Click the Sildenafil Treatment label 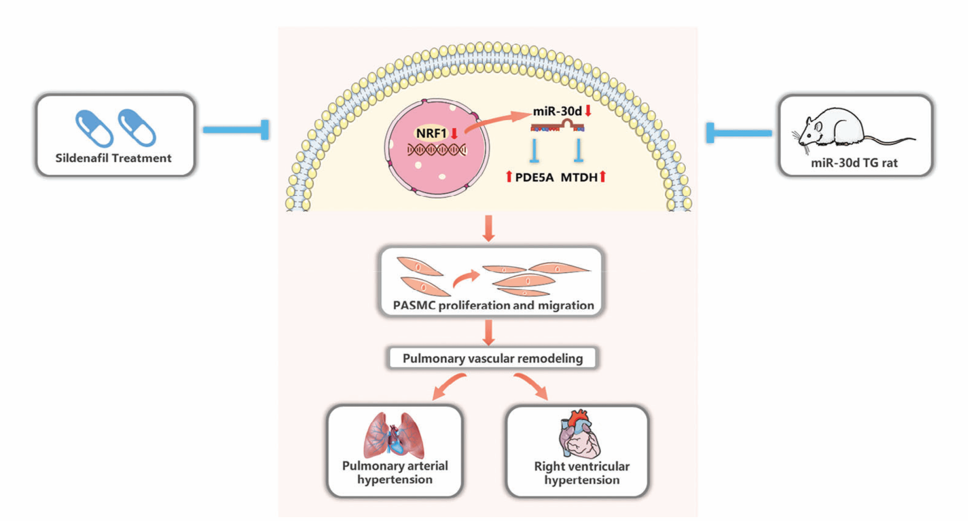tap(113, 158)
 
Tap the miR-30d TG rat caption tap(854, 163)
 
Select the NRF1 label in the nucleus tap(431, 133)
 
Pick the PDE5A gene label tap(534, 178)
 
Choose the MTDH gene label tap(579, 178)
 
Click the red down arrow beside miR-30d tap(588, 111)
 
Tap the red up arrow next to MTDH tap(603, 177)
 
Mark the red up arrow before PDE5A tap(509, 177)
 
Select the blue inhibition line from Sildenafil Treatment tap(236, 130)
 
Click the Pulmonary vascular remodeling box tap(493, 359)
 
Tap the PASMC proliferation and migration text tap(493, 306)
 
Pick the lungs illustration tap(394, 436)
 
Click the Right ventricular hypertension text tap(581, 473)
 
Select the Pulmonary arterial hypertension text tap(395, 473)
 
